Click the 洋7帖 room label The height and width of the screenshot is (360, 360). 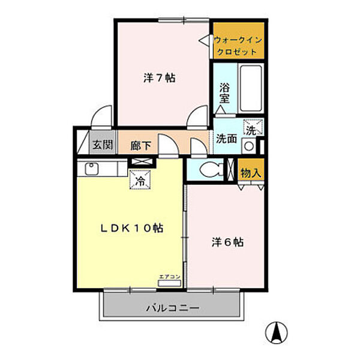[160, 78]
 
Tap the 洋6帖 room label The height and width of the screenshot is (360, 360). [227, 243]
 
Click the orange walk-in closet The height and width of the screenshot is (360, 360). [239, 41]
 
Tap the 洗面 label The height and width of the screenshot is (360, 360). [227, 139]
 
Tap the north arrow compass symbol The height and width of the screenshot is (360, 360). [278, 332]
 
